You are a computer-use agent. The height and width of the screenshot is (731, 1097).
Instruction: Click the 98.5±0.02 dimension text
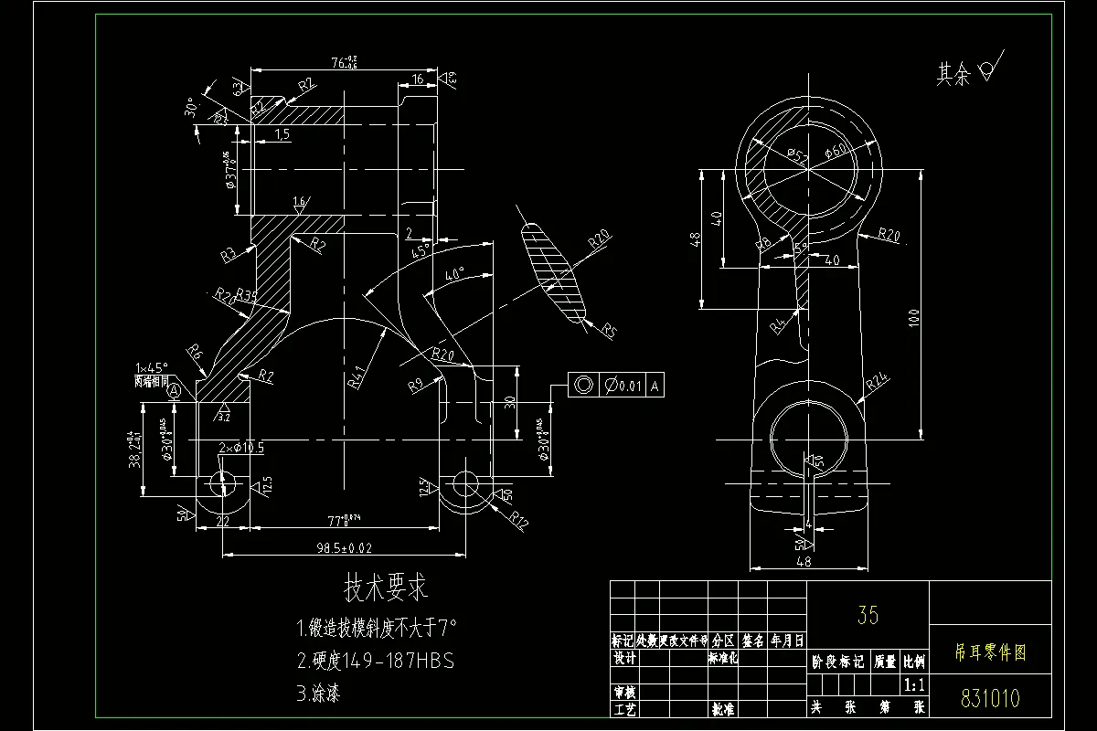pos(338,548)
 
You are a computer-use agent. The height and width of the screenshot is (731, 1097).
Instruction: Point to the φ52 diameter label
pos(797,158)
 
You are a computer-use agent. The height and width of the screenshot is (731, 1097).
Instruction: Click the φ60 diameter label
pos(836,152)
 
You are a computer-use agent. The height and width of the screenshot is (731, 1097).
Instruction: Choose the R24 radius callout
pos(877,384)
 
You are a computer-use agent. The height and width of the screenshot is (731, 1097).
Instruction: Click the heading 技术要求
pos(385,588)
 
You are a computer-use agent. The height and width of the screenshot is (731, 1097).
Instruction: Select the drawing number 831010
pos(990,699)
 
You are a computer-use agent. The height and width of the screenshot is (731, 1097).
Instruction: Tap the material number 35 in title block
pos(868,615)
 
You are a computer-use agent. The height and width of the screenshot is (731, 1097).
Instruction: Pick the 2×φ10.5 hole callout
pos(241,448)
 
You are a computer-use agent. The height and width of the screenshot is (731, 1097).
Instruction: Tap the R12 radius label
pos(519,521)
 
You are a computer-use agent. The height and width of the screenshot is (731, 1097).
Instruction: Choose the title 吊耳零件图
pos(990,652)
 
